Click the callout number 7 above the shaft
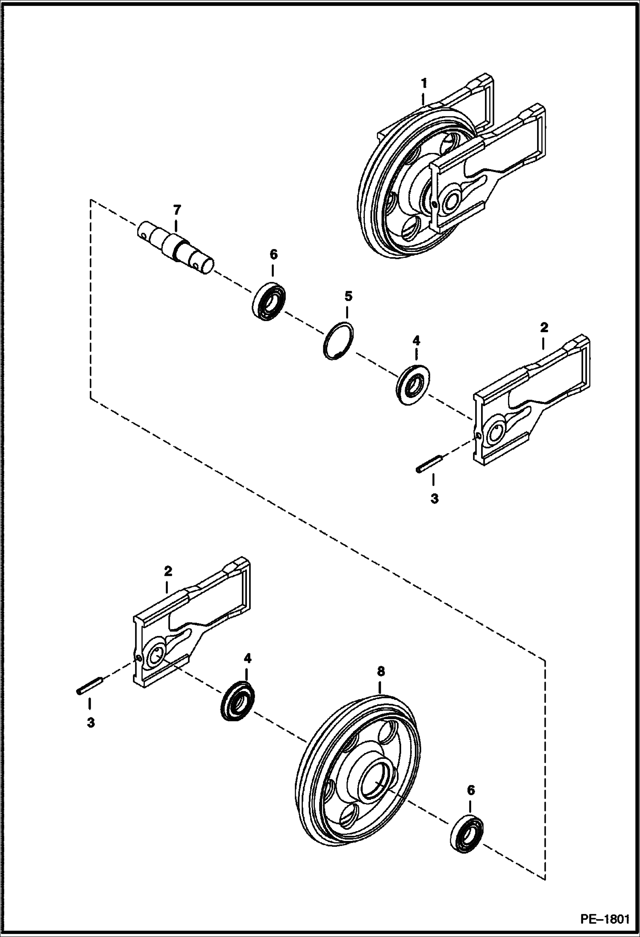[x=177, y=210]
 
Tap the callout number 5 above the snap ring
[x=348, y=296]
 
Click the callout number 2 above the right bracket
[x=544, y=328]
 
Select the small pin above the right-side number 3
[x=428, y=465]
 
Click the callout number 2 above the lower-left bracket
[x=168, y=571]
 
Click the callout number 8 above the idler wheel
[x=380, y=672]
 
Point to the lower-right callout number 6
[x=470, y=790]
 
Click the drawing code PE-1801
[x=604, y=918]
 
